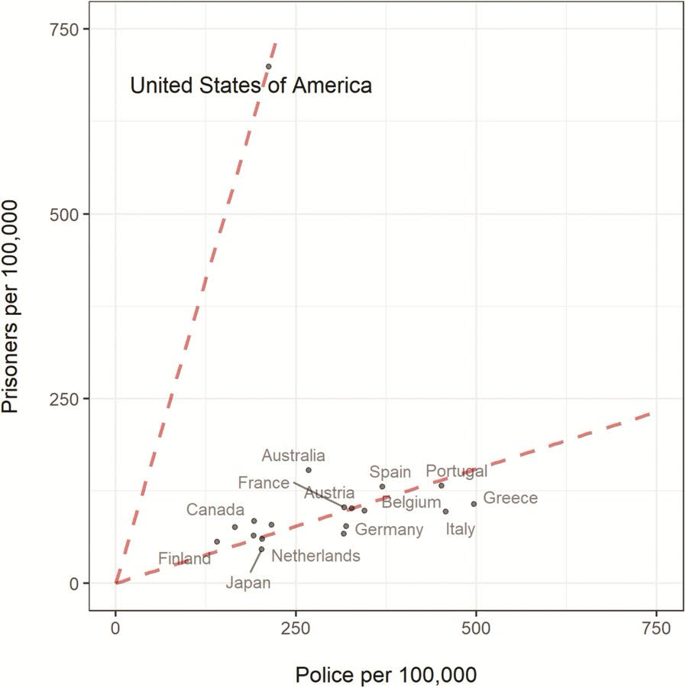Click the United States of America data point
[x=268, y=67]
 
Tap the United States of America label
[x=251, y=85]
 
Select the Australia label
[x=293, y=456]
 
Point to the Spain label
[x=390, y=472]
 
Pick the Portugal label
[x=456, y=471]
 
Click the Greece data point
[x=474, y=504]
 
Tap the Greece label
[x=510, y=498]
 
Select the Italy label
[x=460, y=529]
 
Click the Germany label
[x=389, y=529]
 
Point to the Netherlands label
[x=315, y=556]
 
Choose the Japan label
[x=248, y=583]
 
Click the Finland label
[x=184, y=559]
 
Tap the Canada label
[x=215, y=510]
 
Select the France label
[x=264, y=482]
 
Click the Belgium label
[x=411, y=502]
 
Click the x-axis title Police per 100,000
[x=386, y=674]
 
